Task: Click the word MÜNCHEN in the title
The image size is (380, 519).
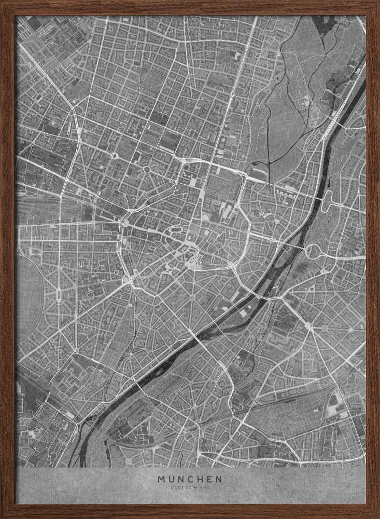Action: pyautogui.click(x=190, y=479)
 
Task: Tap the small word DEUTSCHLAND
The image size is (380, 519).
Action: pyautogui.click(x=190, y=488)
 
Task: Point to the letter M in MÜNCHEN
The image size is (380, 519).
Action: pyautogui.click(x=161, y=479)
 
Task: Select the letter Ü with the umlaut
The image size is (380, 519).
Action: pyautogui.click(x=172, y=479)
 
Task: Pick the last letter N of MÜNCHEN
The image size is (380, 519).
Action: pyautogui.click(x=219, y=479)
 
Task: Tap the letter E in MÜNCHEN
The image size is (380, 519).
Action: pyautogui.click(x=209, y=479)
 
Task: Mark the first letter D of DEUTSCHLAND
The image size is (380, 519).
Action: pyautogui.click(x=170, y=488)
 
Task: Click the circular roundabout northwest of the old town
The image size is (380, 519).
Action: pyautogui.click(x=147, y=169)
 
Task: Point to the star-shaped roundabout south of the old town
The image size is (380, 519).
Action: pyautogui.click(x=192, y=297)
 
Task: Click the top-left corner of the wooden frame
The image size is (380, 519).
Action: pyautogui.click(x=3, y=3)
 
